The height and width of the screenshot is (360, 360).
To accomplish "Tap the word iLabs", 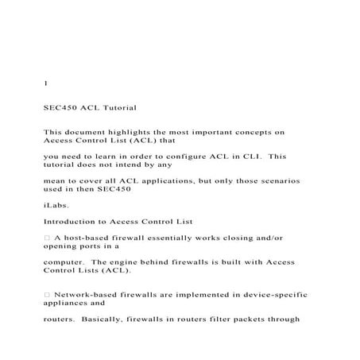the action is (x=56, y=205).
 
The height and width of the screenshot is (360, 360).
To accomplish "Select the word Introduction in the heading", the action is (x=73, y=222).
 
